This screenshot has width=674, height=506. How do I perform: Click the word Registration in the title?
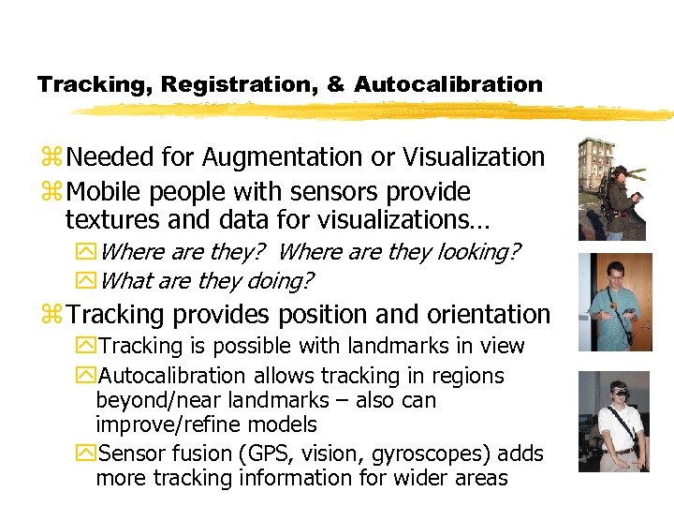click(x=239, y=84)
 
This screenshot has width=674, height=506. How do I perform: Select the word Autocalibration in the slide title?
click(x=448, y=84)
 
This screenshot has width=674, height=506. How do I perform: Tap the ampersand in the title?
click(x=335, y=84)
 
